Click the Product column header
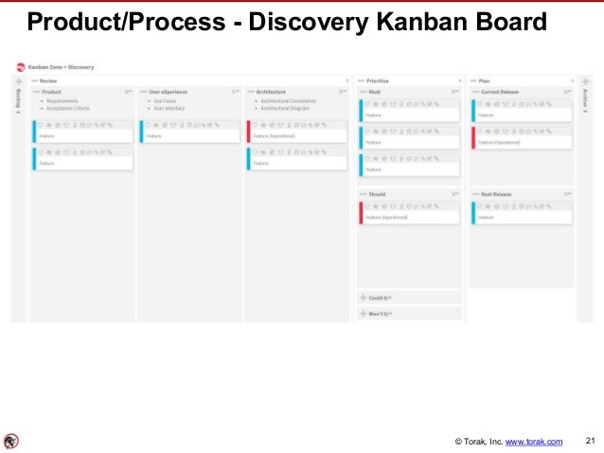tap(52, 92)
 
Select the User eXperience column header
tap(169, 92)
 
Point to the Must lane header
tap(374, 92)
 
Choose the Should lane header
tap(377, 194)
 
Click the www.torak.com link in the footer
tap(534, 442)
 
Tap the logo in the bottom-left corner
tap(10, 441)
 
